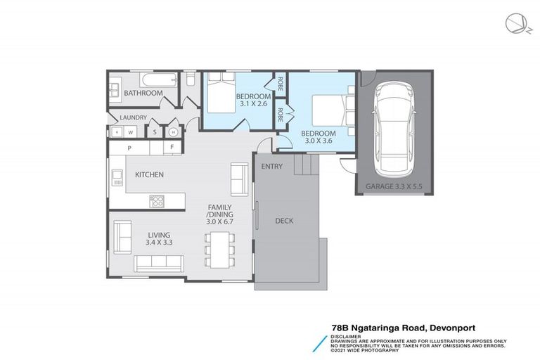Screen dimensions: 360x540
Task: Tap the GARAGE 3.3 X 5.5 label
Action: click(x=395, y=187)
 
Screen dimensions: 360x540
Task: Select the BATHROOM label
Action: click(x=143, y=93)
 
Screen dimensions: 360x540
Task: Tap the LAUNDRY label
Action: click(x=133, y=117)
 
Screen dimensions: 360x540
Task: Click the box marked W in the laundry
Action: click(x=131, y=131)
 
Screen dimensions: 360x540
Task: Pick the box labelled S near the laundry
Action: click(x=155, y=131)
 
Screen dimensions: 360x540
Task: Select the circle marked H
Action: click(x=173, y=131)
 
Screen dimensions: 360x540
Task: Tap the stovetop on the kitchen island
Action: click(x=157, y=202)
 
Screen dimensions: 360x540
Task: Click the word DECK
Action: click(x=285, y=221)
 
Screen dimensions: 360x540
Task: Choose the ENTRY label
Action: click(x=271, y=167)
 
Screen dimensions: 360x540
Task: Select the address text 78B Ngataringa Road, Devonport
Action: click(x=418, y=328)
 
